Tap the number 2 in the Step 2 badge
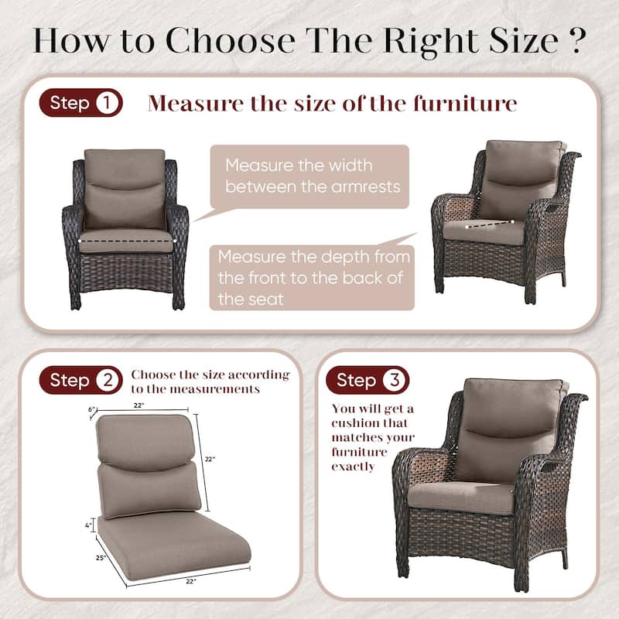click(106, 380)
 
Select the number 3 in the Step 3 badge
click(394, 380)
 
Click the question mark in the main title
click(574, 40)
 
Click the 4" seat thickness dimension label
click(90, 525)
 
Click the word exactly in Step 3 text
click(353, 467)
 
